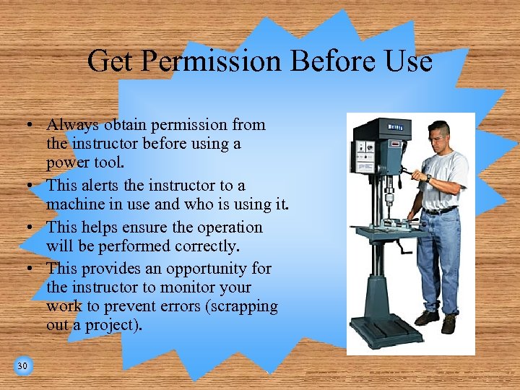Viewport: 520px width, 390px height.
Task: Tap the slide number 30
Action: point(22,366)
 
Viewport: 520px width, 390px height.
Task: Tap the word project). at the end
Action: point(115,325)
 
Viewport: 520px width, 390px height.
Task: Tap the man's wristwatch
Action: point(428,178)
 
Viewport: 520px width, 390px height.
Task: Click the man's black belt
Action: point(440,210)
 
